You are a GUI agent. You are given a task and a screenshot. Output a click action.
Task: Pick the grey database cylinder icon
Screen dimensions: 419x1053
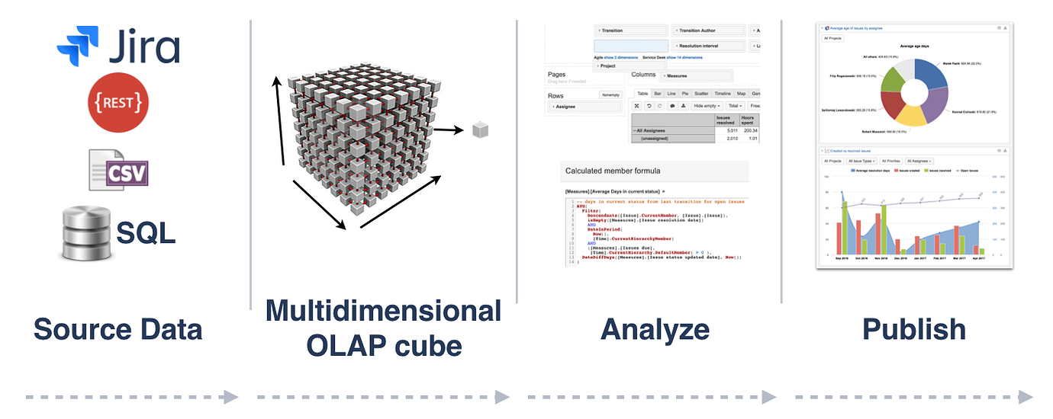tap(85, 232)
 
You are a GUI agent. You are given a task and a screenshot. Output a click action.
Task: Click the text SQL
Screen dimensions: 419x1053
tap(147, 232)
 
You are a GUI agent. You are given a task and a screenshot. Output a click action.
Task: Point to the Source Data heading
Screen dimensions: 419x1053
tap(118, 329)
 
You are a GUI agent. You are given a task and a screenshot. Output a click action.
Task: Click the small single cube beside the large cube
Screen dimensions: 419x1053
tap(480, 130)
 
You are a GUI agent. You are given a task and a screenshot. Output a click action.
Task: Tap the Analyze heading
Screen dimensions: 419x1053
tap(654, 329)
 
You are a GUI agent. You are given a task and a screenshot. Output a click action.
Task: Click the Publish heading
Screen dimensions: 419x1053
tap(913, 329)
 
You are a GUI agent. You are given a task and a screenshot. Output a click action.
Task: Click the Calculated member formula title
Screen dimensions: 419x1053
tap(613, 171)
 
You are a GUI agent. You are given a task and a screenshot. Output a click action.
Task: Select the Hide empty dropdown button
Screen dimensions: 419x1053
tap(707, 106)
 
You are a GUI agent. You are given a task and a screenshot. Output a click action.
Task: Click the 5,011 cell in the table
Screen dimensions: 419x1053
tap(726, 131)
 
